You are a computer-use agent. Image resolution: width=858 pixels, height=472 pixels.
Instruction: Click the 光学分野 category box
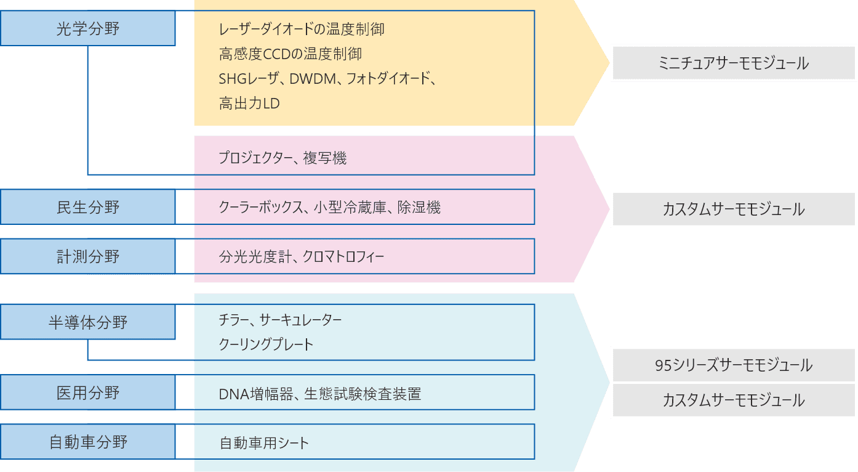[88, 28]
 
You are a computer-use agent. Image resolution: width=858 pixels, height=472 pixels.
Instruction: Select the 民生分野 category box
[88, 207]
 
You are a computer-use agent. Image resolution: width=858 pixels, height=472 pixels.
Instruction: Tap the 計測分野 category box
[88, 256]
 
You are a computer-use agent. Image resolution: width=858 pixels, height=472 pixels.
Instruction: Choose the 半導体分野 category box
[88, 322]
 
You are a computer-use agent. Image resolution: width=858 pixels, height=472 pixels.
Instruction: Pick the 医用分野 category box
[88, 393]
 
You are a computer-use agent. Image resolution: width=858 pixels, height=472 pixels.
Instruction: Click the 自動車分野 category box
[88, 442]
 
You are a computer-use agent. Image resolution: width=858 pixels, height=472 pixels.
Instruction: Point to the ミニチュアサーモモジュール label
[734, 63]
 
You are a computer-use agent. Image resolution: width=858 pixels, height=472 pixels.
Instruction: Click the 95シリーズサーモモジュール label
[734, 365]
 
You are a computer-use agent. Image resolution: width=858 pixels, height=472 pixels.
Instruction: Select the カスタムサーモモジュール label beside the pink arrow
[734, 209]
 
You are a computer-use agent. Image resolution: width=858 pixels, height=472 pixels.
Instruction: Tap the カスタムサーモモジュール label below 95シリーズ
[734, 400]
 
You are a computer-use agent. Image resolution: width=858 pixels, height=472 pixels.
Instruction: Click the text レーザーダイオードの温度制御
[302, 29]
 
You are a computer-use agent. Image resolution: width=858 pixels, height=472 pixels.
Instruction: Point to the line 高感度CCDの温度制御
[291, 54]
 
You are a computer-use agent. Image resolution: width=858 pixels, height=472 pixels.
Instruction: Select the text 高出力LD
[249, 104]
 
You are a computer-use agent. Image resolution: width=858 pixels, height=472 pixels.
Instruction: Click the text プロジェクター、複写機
[283, 158]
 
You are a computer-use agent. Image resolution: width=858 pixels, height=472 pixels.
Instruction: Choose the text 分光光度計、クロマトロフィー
[302, 256]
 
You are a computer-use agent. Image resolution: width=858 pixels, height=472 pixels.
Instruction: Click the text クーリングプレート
[266, 344]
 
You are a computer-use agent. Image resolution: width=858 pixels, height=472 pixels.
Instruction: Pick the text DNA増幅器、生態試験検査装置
[320, 394]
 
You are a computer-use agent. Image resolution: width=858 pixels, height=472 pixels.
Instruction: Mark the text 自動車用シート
[264, 443]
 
